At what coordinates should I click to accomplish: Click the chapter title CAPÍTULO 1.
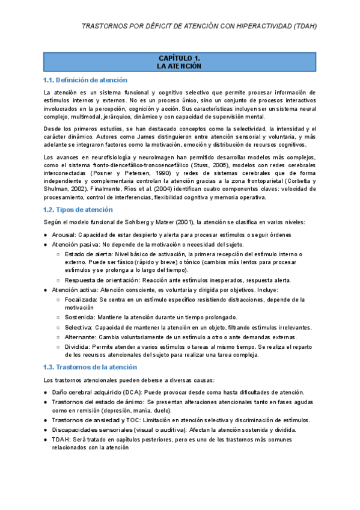(x=178, y=58)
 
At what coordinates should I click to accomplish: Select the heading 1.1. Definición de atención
(x=85, y=80)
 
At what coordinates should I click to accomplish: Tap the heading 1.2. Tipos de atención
(x=78, y=210)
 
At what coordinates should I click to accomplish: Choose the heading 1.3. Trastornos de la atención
(x=90, y=367)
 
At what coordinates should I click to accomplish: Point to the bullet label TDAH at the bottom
(x=61, y=440)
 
